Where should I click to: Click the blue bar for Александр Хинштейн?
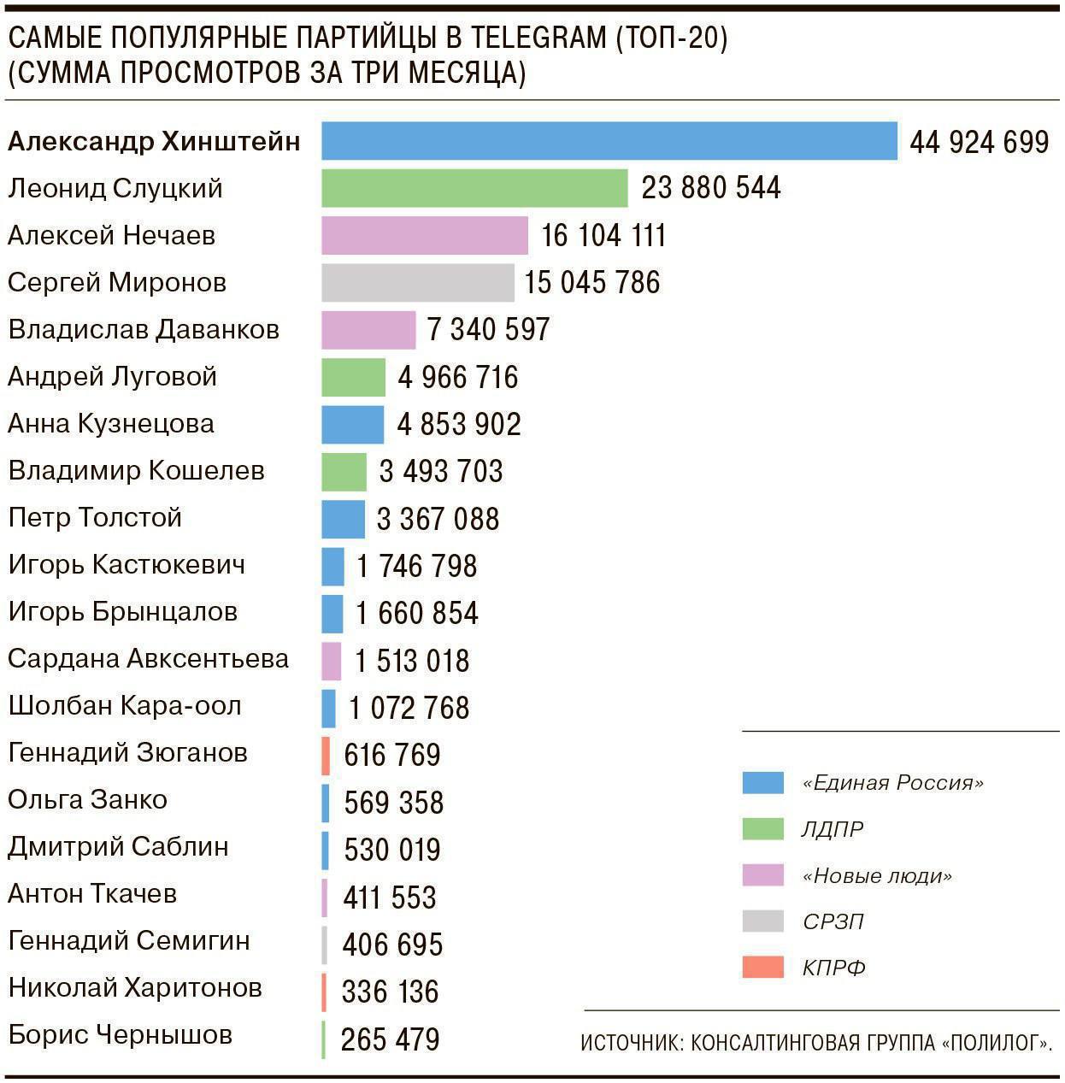609,141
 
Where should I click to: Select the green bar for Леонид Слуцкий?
474,188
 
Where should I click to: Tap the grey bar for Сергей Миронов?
418,283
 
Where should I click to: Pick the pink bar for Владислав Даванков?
368,330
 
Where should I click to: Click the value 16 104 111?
603,236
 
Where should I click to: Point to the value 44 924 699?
979,142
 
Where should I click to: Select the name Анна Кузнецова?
111,424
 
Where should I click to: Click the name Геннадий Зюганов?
127,753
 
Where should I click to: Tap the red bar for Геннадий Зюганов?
326,756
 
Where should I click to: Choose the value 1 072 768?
409,709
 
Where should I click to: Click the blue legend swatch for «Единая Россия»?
762,783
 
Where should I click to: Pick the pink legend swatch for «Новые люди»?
762,875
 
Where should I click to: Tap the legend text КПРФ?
834,968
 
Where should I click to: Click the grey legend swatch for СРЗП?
762,921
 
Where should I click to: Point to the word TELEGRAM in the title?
538,38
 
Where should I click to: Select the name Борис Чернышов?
120,1035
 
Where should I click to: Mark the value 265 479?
390,1039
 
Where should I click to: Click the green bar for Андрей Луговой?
353,377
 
